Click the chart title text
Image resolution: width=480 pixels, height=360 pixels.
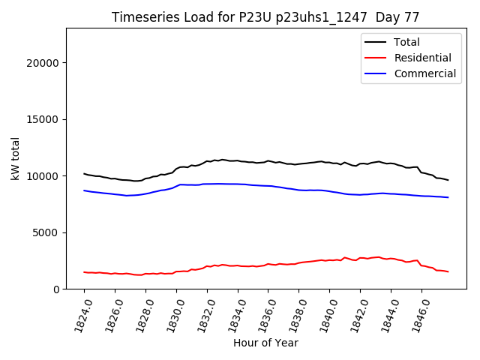[x=265, y=17]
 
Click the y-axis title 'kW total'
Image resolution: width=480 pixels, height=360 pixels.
[x=16, y=158]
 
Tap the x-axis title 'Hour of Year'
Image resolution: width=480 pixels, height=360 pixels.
[x=265, y=343]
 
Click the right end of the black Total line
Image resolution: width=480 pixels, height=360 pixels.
[x=448, y=180]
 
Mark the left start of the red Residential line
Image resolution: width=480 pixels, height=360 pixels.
[x=84, y=272]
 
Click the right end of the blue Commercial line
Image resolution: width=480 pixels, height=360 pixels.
[x=448, y=197]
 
